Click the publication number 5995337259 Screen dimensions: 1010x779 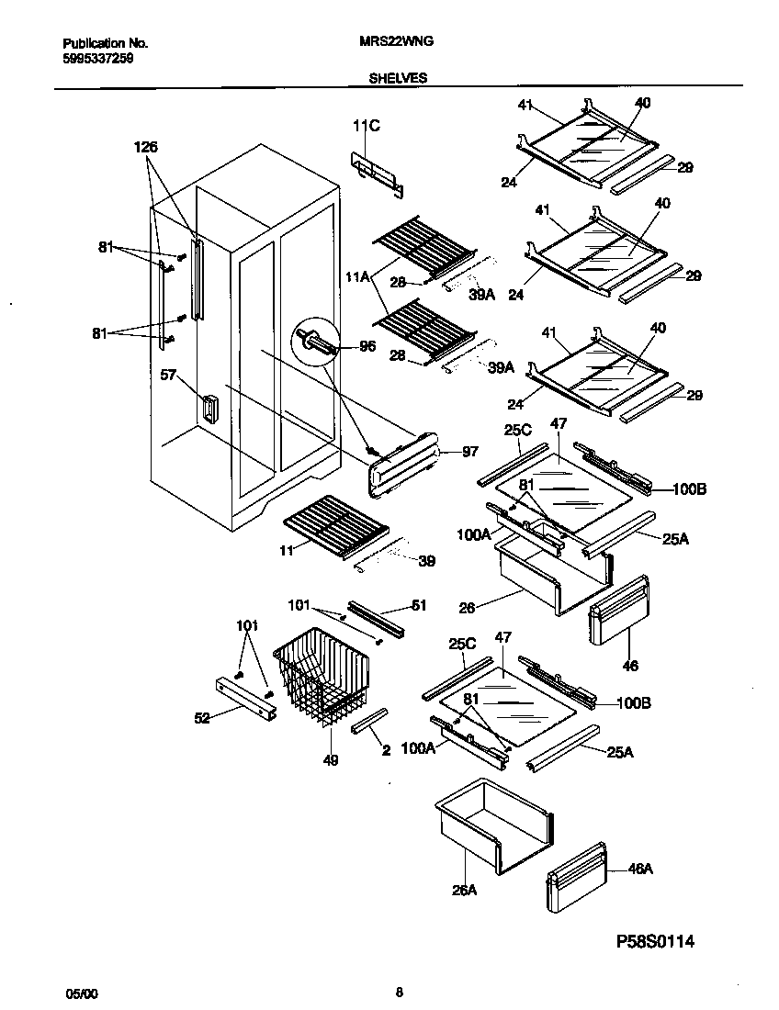tap(99, 57)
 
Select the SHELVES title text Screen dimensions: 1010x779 tap(398, 79)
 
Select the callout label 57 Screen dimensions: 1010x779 tap(168, 376)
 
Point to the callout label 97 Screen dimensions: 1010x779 tap(469, 452)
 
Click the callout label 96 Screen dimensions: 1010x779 tap(367, 347)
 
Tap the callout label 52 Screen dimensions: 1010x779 tap(201, 718)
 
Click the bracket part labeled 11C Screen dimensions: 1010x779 tap(377, 174)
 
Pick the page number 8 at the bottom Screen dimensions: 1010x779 tap(399, 992)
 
